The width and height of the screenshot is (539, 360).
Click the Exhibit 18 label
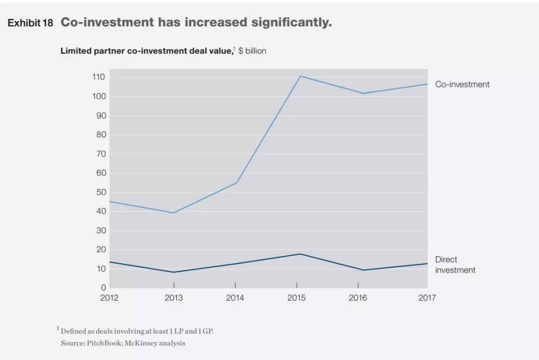point(30,23)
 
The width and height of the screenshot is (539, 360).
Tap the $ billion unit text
point(252,51)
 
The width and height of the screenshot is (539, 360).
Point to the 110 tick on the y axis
point(98,77)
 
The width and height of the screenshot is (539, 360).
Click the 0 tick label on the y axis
point(103,288)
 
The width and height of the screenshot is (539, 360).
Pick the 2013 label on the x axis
point(174,298)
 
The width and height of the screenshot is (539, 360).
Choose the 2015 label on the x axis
point(296,298)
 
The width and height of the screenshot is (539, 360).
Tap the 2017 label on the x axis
point(427,298)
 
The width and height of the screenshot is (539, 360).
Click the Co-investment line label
point(462,84)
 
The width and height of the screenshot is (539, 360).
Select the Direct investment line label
point(455,265)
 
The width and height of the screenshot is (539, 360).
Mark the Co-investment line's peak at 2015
point(300,76)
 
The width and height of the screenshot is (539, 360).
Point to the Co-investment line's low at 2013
point(174,213)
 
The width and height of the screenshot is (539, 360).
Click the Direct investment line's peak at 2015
point(300,254)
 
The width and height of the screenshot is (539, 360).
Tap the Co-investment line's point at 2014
point(237,183)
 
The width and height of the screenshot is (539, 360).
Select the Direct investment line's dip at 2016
point(363,270)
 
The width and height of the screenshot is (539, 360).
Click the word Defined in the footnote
point(74,331)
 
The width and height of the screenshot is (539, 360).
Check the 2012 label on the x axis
point(109,298)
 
